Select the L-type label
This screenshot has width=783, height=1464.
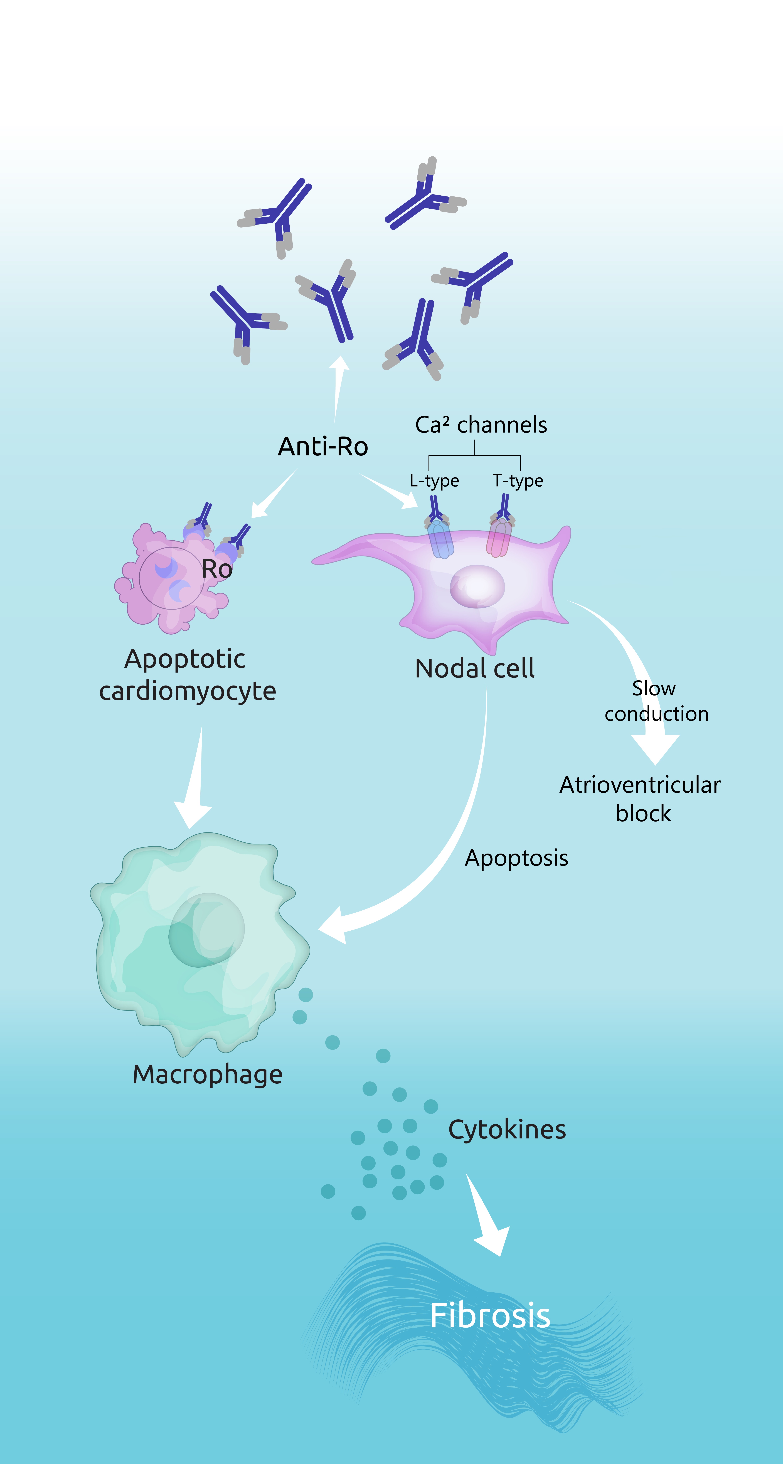[434, 481]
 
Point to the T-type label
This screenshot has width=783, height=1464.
[518, 481]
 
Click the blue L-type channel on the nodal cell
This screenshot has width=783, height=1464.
[440, 540]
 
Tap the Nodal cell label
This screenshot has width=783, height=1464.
[474, 668]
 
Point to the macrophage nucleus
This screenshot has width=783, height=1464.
[206, 930]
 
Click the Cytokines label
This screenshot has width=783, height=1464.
[507, 1129]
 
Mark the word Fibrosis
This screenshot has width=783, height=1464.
[490, 1316]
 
